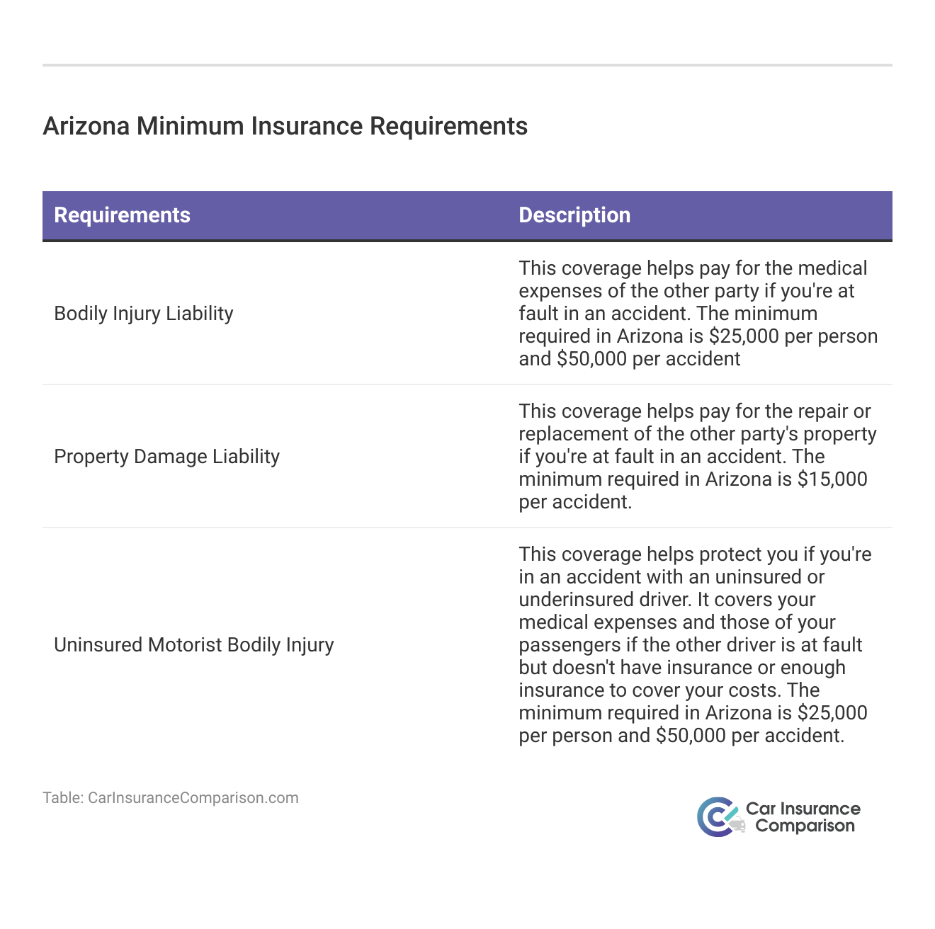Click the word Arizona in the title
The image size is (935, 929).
tap(86, 126)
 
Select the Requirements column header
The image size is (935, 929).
tap(122, 215)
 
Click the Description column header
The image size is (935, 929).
tap(574, 215)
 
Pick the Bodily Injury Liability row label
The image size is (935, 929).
tap(144, 314)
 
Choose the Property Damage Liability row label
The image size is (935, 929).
tap(166, 457)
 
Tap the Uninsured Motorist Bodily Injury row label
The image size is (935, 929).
tap(193, 645)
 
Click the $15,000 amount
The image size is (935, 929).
tap(832, 479)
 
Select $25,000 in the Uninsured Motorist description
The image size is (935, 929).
tap(832, 713)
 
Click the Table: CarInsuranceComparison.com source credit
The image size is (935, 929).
tap(171, 798)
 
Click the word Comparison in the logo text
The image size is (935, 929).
tap(805, 826)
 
